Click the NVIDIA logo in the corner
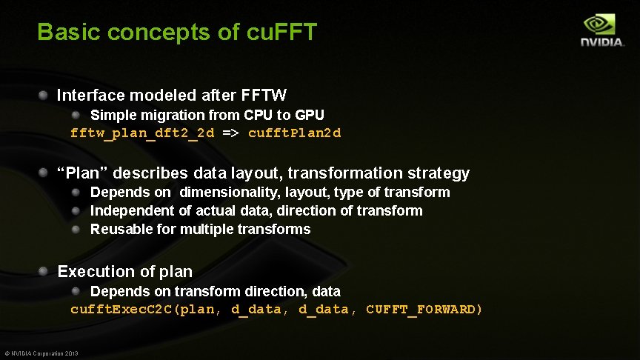(601, 30)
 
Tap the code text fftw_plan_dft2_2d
(142, 133)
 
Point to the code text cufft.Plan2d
(295, 133)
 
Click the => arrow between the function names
(231, 133)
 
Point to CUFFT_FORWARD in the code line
(424, 310)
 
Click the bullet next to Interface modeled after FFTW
(44, 95)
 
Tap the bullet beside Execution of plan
(44, 271)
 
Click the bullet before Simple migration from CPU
(76, 115)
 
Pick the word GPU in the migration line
(310, 116)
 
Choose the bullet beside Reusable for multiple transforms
(76, 229)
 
